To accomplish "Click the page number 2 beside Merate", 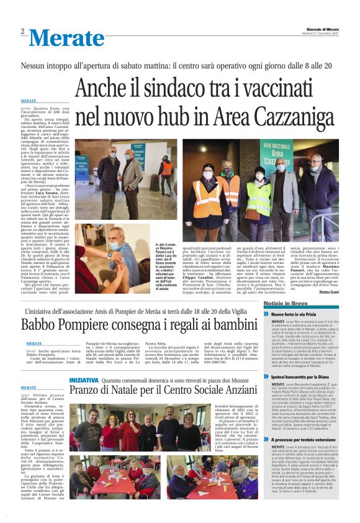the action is coord(22,32).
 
